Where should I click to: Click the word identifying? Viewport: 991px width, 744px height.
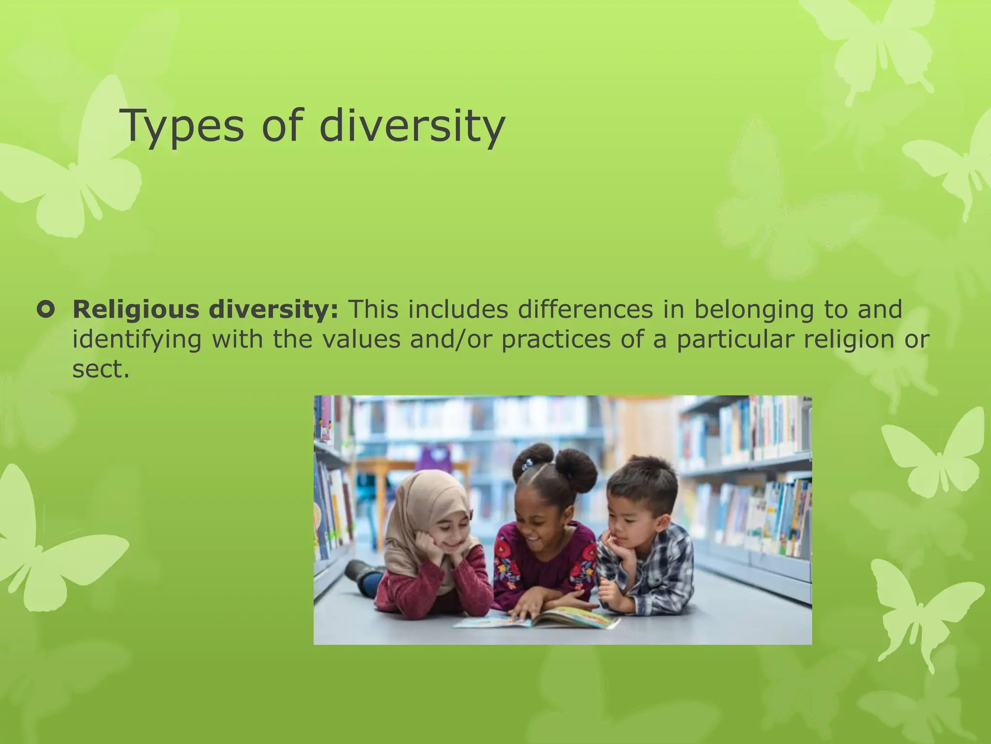pyautogui.click(x=136, y=340)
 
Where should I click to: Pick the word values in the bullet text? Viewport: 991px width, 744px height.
pyautogui.click(x=361, y=339)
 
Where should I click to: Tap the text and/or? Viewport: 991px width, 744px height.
pyautogui.click(x=450, y=339)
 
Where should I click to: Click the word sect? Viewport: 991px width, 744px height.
pyautogui.click(x=100, y=370)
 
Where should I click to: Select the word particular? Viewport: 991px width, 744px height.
pyautogui.click(x=736, y=340)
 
